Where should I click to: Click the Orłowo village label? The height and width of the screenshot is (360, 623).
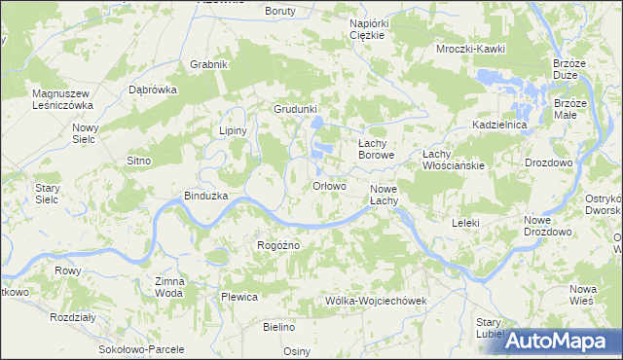click(x=329, y=187)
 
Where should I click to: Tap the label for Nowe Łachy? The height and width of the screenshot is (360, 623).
click(x=384, y=195)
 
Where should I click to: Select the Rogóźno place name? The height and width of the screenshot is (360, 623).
click(x=277, y=245)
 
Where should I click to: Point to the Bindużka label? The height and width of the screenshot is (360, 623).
click(x=205, y=196)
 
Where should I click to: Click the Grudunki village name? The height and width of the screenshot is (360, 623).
click(x=296, y=110)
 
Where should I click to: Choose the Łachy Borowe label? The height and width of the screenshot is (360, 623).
click(x=376, y=148)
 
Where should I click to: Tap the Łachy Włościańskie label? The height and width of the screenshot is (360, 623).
click(x=453, y=160)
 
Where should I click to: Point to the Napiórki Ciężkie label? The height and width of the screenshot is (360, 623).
click(x=368, y=27)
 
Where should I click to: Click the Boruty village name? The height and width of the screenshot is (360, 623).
click(x=280, y=11)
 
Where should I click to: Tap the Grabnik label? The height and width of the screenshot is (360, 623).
click(x=209, y=65)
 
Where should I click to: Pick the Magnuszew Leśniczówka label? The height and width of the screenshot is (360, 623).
click(x=61, y=99)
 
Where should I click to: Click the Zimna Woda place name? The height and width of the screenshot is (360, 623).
click(x=169, y=286)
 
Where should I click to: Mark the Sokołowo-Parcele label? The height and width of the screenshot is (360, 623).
click(x=138, y=348)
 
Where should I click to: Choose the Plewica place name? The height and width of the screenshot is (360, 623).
click(x=238, y=297)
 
